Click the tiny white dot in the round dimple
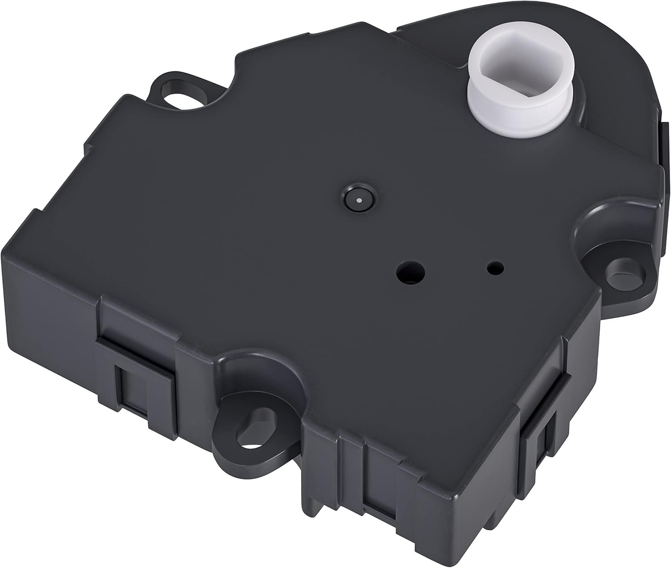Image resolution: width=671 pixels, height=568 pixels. click(360, 199)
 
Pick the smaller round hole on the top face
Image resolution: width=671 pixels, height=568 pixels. click(495, 269)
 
